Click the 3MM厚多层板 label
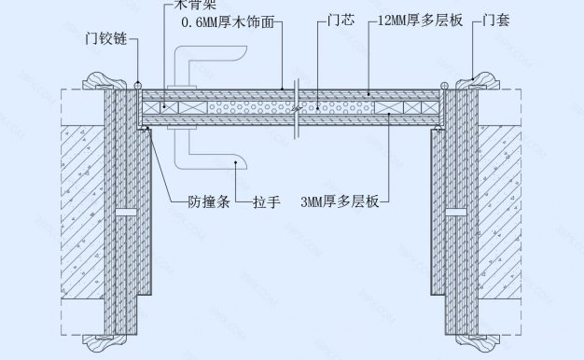[341, 200]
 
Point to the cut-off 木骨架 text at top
[196, 5]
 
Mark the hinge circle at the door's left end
[137, 87]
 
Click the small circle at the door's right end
[444, 87]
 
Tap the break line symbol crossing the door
[295, 107]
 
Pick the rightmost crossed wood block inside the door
[387, 108]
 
